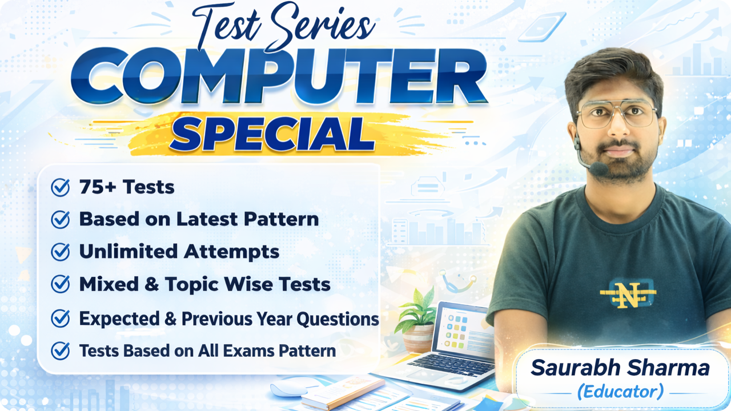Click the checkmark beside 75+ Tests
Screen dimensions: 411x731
pos(60,187)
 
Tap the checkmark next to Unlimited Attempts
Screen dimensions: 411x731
pos(60,252)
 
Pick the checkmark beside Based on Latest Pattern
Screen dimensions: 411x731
pos(60,219)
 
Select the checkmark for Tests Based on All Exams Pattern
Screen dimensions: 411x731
pos(60,350)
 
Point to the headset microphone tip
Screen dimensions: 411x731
pos(599,168)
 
